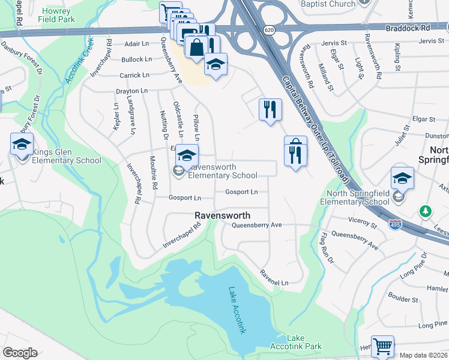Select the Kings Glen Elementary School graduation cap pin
point(22,145)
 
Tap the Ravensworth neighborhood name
point(222,215)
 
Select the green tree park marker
point(426,211)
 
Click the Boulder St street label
point(403,296)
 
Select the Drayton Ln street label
point(131,91)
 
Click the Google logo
point(20,353)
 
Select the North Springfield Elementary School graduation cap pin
point(402,178)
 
